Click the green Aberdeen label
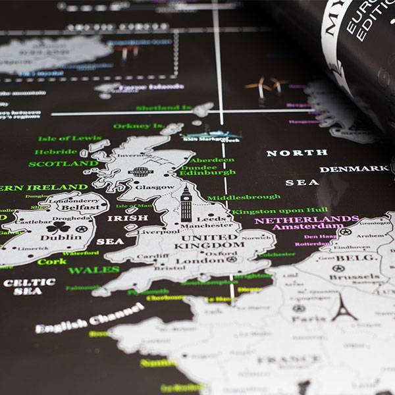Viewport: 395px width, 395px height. [x=212, y=160]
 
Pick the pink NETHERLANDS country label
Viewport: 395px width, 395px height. [x=307, y=220]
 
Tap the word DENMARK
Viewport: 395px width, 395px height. [x=354, y=169]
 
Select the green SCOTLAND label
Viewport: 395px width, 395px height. [x=63, y=164]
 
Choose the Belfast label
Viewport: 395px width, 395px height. [x=82, y=207]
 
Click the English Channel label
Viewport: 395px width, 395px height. [x=89, y=317]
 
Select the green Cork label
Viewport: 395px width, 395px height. [x=51, y=261]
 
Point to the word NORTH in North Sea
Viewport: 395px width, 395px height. [x=296, y=153]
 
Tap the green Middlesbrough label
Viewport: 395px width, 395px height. [x=244, y=196]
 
